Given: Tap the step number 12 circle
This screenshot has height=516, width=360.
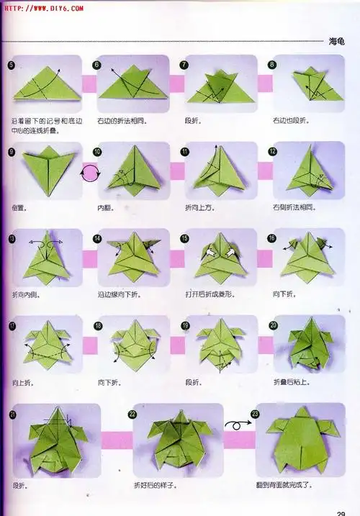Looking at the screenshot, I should (x=272, y=152).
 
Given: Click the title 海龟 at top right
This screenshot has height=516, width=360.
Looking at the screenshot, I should (x=338, y=41).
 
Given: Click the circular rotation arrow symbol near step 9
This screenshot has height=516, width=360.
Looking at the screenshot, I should (x=91, y=173).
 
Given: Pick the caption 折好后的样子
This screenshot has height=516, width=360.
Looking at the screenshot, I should (x=156, y=485).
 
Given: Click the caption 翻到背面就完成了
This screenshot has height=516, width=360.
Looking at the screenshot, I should (x=285, y=485).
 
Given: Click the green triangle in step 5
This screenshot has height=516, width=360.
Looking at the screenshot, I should (x=45, y=84).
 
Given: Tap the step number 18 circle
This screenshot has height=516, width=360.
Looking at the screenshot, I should (x=98, y=325).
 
